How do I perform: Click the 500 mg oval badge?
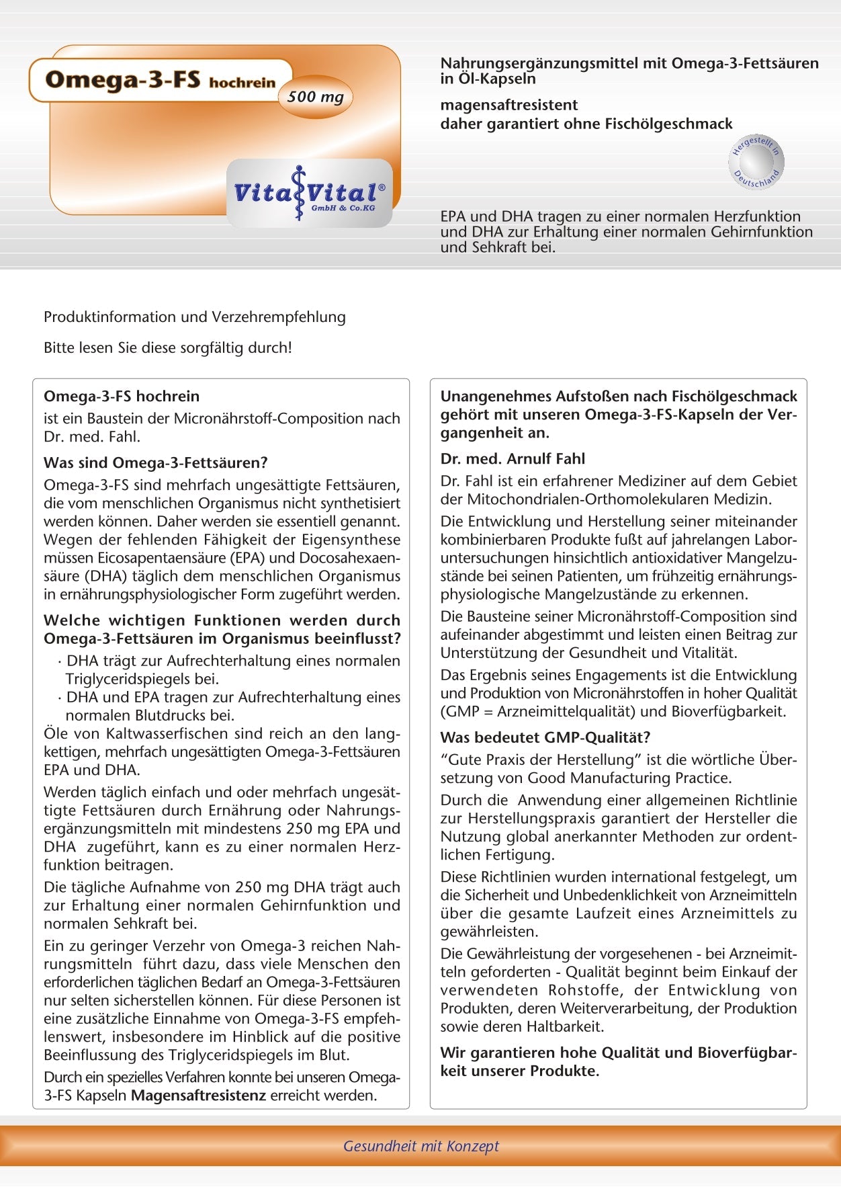coord(315,97)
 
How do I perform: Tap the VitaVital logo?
coord(309,193)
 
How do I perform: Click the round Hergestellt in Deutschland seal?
coord(756,161)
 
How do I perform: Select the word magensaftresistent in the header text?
coord(508,105)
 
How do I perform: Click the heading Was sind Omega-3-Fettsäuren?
coord(155,462)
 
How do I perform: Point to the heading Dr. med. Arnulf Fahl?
coord(513,458)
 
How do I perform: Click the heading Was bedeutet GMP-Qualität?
coord(545,737)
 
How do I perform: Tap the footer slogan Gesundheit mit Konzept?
coord(420,1146)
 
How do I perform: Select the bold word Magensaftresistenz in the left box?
coord(198,1095)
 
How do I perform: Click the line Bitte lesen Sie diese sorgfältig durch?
coord(168,347)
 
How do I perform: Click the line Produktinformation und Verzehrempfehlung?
coord(194,317)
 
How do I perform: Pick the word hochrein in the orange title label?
coord(242,83)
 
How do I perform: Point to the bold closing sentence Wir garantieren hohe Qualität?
coord(618,1061)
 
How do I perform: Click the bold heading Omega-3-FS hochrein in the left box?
coord(122,396)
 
